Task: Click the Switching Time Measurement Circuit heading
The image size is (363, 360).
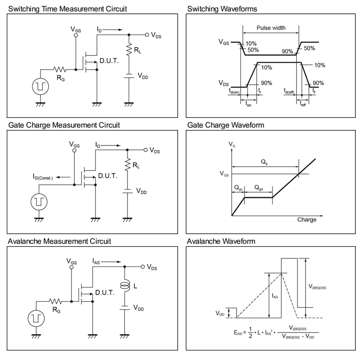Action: point(68,8)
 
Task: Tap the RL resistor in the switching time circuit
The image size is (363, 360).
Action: point(130,49)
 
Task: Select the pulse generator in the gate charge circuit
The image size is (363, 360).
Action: point(39,201)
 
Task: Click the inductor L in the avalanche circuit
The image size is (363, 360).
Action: point(124,286)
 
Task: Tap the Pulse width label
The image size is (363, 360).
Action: point(271,28)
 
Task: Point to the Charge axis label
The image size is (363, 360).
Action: point(307,220)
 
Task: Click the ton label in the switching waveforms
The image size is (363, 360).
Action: point(248,104)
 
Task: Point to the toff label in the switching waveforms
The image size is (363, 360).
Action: point(303,104)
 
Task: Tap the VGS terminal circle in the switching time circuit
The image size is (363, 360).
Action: point(76,35)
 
